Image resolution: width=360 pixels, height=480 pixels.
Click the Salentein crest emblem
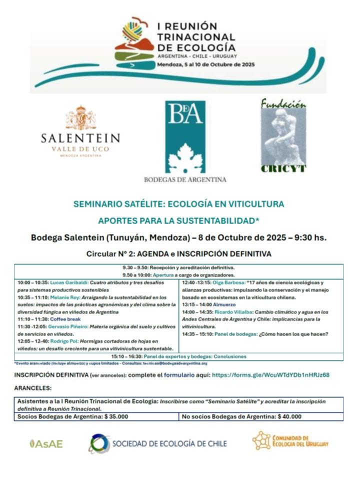point(80,118)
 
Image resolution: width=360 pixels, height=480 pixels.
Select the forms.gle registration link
point(270,374)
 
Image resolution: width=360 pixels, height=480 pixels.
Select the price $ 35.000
point(116,416)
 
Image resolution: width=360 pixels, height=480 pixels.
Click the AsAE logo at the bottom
point(46,443)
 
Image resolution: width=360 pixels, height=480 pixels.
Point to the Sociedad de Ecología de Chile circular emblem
point(99,443)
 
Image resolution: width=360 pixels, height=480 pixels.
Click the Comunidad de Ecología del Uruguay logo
point(290,441)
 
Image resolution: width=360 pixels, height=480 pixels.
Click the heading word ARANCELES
point(32,388)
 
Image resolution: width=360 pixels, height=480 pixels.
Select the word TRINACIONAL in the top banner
point(195,37)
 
